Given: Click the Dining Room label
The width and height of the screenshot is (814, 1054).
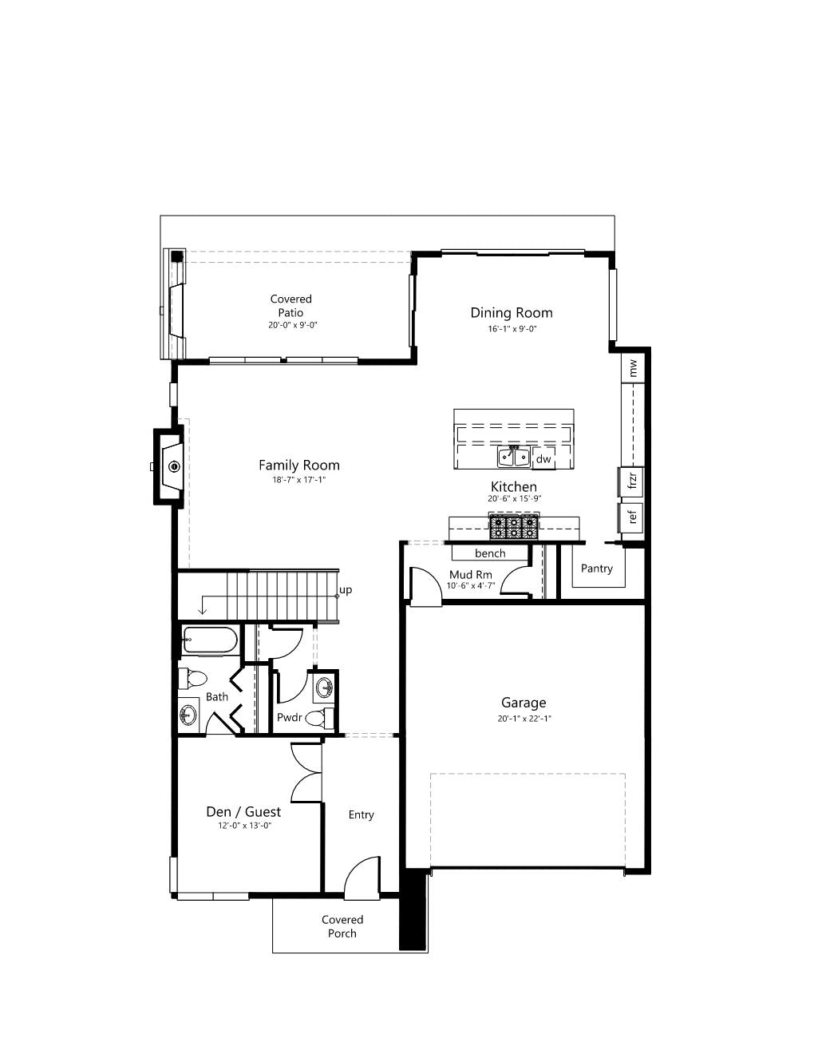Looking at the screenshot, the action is click(x=512, y=313).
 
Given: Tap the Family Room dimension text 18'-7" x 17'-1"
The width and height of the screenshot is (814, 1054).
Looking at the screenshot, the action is click(x=298, y=480).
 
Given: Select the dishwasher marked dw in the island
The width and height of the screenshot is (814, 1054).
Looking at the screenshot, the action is click(x=543, y=458).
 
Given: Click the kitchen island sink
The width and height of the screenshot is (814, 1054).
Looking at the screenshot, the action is click(x=514, y=457).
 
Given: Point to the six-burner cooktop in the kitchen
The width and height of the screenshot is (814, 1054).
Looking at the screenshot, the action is click(x=514, y=528).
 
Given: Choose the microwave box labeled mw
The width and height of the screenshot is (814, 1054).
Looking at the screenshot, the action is click(x=633, y=367).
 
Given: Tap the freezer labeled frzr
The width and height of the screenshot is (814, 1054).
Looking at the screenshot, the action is click(x=631, y=481).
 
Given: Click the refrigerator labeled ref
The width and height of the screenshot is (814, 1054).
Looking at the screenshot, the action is click(x=631, y=517).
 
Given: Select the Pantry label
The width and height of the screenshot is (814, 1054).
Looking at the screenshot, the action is click(x=596, y=568).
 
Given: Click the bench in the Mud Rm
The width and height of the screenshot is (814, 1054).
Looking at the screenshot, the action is click(x=490, y=553).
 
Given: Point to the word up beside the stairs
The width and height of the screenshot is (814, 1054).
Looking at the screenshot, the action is click(x=346, y=590).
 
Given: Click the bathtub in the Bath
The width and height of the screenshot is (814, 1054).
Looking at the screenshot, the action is click(x=210, y=640).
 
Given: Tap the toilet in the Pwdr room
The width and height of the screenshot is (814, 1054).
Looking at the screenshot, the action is click(x=319, y=717).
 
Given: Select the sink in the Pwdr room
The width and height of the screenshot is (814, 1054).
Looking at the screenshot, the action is click(x=323, y=687).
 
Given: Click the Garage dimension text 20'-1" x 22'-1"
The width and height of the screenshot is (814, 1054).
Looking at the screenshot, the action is click(x=524, y=719).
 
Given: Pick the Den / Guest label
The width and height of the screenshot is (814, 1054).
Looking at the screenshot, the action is click(x=243, y=811).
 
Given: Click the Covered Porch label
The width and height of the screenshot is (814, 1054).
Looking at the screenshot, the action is click(x=342, y=926).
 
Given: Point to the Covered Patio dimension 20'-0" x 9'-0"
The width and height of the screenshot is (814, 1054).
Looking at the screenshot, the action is click(x=292, y=325).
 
